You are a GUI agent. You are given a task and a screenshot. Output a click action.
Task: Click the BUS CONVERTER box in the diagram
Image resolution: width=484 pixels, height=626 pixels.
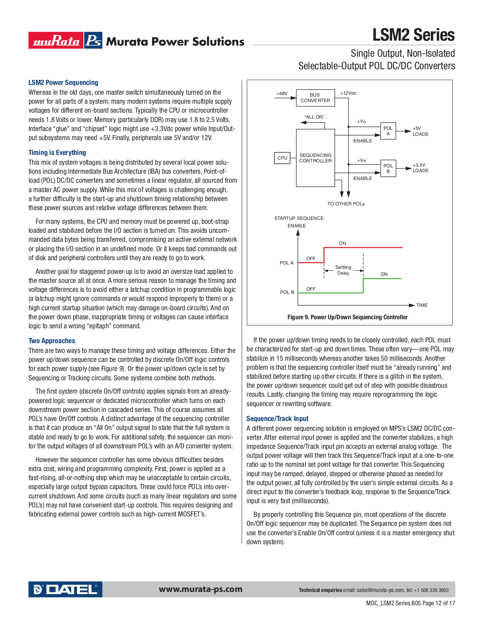(315, 98)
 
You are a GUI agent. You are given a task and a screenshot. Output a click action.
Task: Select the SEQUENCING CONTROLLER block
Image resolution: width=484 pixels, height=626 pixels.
(315, 158)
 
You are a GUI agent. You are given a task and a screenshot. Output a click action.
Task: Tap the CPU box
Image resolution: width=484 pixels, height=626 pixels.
(282, 158)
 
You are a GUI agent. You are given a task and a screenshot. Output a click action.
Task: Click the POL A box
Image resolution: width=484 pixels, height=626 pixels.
(388, 131)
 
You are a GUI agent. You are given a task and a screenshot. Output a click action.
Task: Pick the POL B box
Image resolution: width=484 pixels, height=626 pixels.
(388, 169)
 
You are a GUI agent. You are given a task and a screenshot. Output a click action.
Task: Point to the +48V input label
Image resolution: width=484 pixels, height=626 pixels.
(282, 94)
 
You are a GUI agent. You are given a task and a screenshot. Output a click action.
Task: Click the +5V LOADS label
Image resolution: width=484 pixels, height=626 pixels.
(420, 131)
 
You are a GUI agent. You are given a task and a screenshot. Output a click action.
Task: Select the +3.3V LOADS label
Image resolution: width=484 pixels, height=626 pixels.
(420, 168)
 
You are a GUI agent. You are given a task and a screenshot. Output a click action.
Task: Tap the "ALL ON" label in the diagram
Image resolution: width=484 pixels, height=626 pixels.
(314, 117)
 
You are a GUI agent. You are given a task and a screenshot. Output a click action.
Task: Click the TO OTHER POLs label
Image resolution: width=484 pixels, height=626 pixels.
(346, 204)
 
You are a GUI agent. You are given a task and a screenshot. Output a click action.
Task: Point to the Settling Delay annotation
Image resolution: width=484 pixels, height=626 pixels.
(343, 270)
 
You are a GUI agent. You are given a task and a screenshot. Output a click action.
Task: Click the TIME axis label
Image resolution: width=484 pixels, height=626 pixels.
(422, 305)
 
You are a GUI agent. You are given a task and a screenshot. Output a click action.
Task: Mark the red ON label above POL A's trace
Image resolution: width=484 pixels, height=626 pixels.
(342, 243)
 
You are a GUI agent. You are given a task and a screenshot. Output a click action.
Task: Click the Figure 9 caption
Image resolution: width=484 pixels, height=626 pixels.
(347, 317)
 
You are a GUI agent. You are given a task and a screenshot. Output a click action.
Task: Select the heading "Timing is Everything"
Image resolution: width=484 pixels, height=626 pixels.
(57, 153)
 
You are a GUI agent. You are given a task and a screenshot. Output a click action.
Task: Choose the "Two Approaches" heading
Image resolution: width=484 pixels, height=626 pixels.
(52, 341)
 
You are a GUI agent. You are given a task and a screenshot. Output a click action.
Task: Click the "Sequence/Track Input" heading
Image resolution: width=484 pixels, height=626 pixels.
(277, 419)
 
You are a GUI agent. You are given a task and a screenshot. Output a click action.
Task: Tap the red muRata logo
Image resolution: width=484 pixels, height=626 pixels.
(56, 41)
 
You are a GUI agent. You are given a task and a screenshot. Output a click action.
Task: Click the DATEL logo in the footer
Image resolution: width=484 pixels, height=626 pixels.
(65, 589)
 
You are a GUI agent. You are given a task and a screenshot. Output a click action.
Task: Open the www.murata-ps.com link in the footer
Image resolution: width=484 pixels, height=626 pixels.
(200, 589)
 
